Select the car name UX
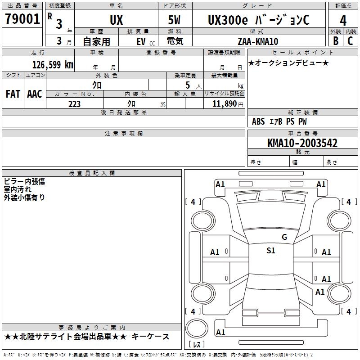click(116, 20)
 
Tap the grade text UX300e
click(225, 20)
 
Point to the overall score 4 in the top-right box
click(343, 20)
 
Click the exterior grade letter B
click(336, 40)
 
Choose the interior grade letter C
click(351, 40)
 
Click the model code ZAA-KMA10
click(258, 41)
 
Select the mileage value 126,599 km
click(53, 64)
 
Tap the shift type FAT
click(13, 94)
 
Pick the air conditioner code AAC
click(35, 94)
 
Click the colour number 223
click(74, 104)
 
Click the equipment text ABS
click(258, 121)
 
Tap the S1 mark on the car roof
click(270, 251)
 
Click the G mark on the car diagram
click(284, 237)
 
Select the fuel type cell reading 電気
click(174, 41)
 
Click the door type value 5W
click(175, 20)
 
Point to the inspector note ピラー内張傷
click(24, 181)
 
